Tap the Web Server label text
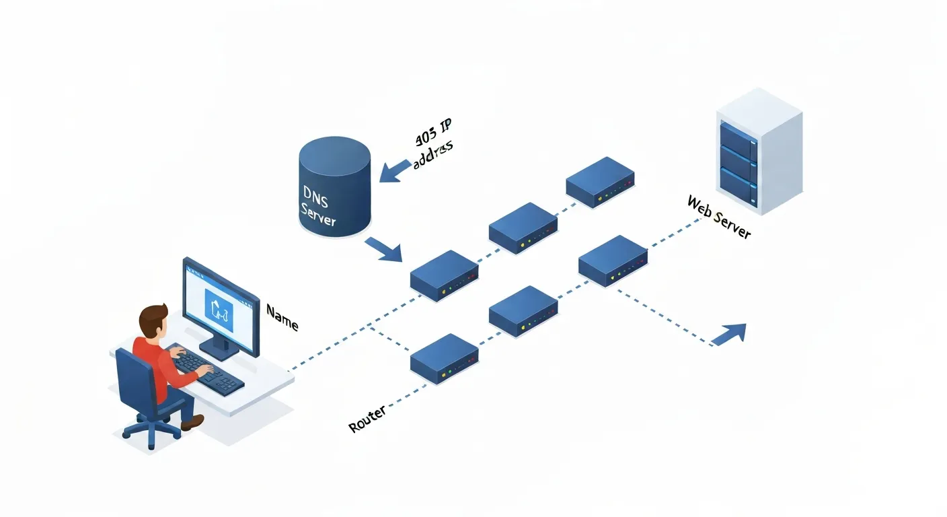tap(718, 217)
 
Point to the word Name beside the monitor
tap(282, 317)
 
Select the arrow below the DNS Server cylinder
tap(384, 250)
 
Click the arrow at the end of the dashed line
tap(731, 333)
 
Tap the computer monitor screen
tap(221, 306)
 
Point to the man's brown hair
tap(154, 316)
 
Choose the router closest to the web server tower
tap(613, 261)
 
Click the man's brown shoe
tap(193, 422)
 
